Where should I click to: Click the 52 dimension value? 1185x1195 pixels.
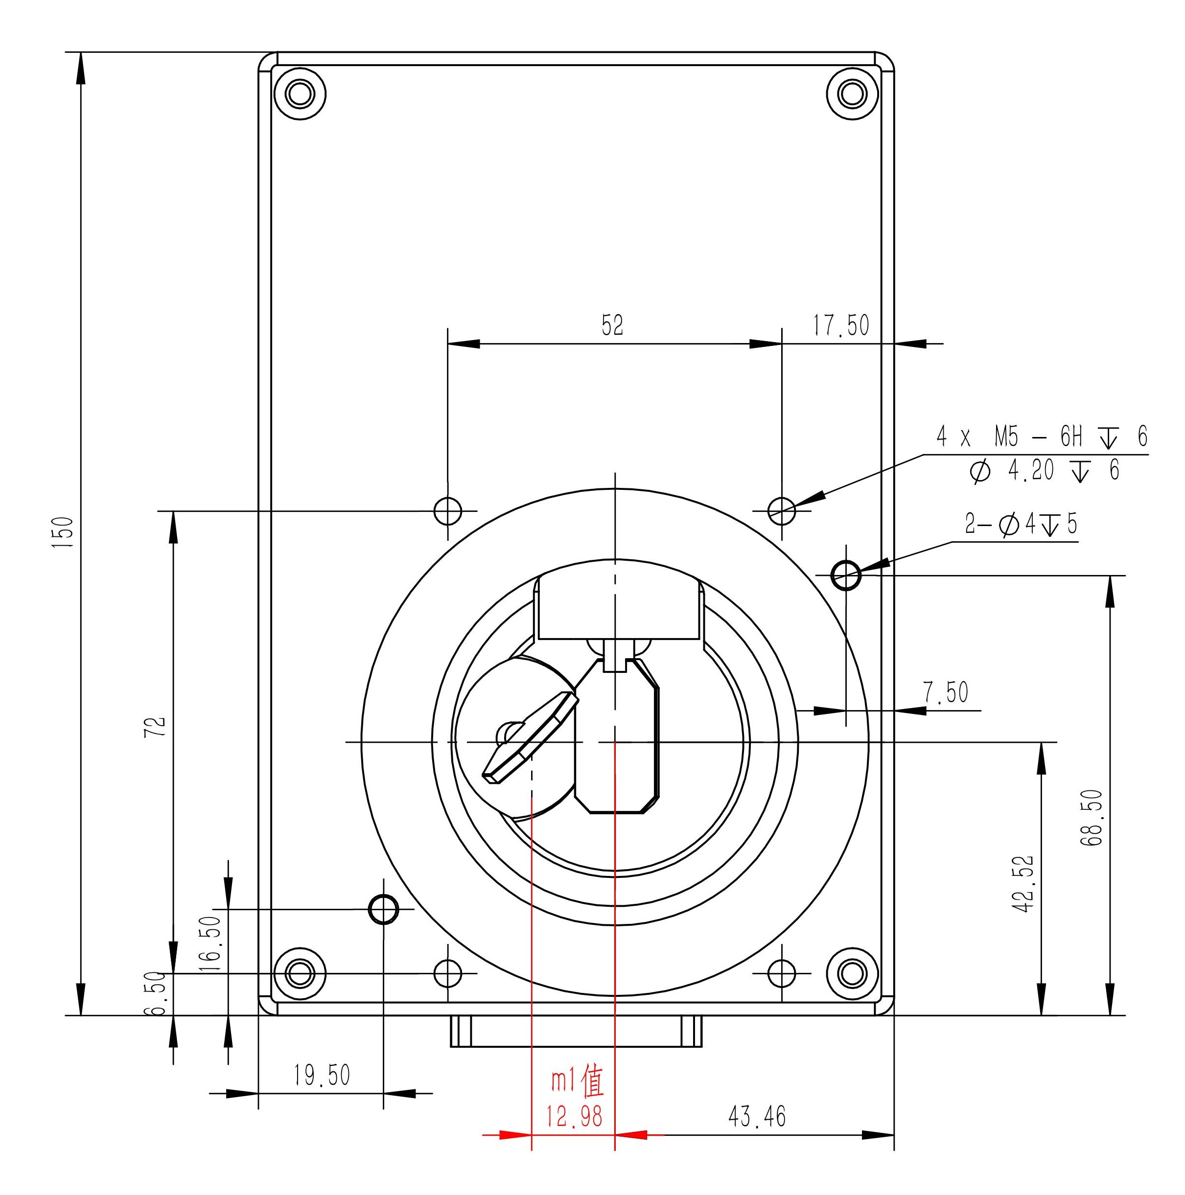pos(613,325)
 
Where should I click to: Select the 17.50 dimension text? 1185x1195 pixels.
pos(841,325)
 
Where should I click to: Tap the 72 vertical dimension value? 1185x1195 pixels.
pos(159,726)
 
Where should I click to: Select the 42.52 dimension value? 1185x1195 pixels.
pos(1024,883)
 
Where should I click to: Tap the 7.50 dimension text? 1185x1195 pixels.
pos(946,693)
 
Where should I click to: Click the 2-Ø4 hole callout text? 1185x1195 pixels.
pos(1021,524)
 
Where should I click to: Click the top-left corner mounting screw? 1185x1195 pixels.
pos(300,94)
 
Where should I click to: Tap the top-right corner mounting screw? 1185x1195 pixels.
pos(853,94)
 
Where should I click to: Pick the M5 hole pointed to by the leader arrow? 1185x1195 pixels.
pos(782,511)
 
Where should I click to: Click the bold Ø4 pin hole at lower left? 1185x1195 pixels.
pos(384,909)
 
